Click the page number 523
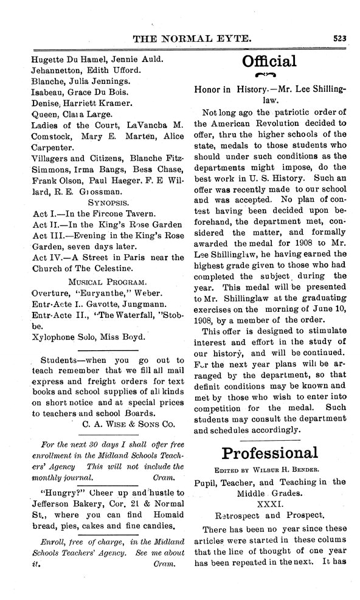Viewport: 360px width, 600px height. click(339, 38)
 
